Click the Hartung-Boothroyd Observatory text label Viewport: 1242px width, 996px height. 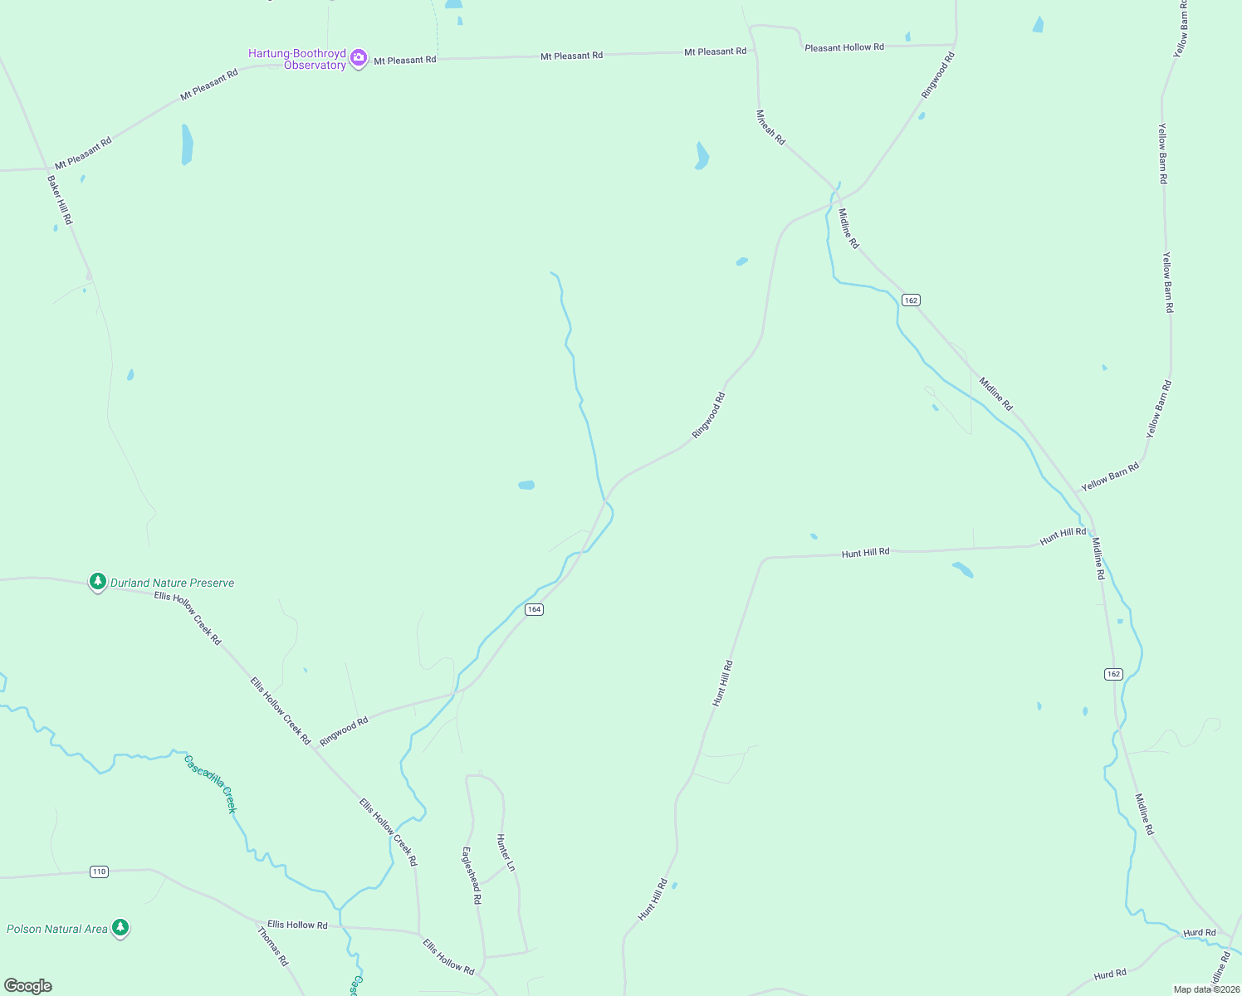coord(297,59)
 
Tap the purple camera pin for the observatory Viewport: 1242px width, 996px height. coord(359,58)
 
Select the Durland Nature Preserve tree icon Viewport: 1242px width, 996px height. coord(98,581)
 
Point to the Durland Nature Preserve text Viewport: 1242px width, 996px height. coord(173,583)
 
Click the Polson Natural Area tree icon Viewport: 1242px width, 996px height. coord(120,927)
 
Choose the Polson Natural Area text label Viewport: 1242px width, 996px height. coord(57,929)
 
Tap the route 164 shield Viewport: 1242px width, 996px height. coord(534,609)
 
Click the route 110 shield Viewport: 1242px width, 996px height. coord(100,871)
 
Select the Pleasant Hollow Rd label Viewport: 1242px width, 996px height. coord(844,47)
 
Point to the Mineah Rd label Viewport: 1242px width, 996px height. coord(770,127)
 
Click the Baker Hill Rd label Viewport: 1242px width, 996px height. coord(60,199)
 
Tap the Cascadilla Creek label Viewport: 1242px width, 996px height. coord(211,783)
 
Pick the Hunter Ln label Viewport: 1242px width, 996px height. coord(506,852)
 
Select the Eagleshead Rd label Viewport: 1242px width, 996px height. coord(471,875)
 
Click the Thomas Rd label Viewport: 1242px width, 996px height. coord(272,946)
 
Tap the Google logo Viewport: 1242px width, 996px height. coord(28,986)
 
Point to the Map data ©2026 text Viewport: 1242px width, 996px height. coord(1205,989)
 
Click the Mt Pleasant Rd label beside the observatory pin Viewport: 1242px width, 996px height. coord(405,60)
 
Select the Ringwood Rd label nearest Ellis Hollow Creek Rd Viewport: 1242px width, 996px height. coord(344,731)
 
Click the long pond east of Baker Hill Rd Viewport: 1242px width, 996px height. coord(187,144)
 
